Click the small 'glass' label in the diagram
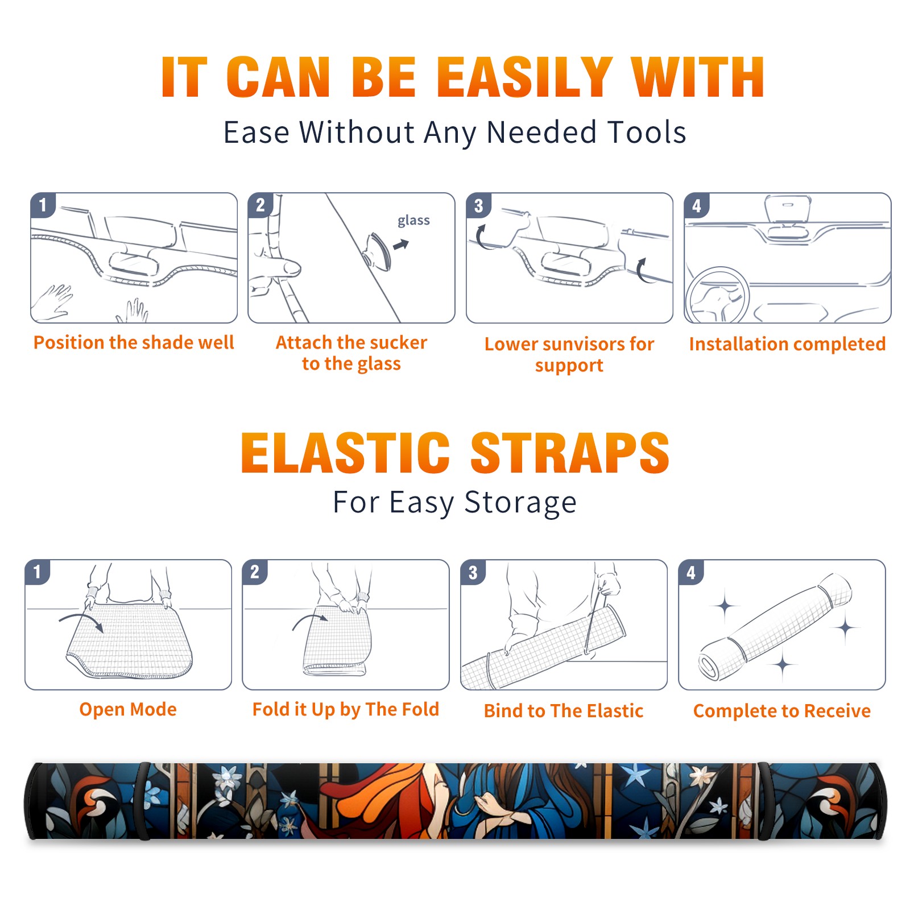413,221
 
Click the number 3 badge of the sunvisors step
478,205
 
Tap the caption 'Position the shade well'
134,342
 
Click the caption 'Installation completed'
787,344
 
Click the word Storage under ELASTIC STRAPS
520,503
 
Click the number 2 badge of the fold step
254,572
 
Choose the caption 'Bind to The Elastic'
563,711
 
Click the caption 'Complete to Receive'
781,711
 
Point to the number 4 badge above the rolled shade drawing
690,572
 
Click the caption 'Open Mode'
128,709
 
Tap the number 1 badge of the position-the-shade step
43,204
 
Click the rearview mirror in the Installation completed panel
788,209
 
